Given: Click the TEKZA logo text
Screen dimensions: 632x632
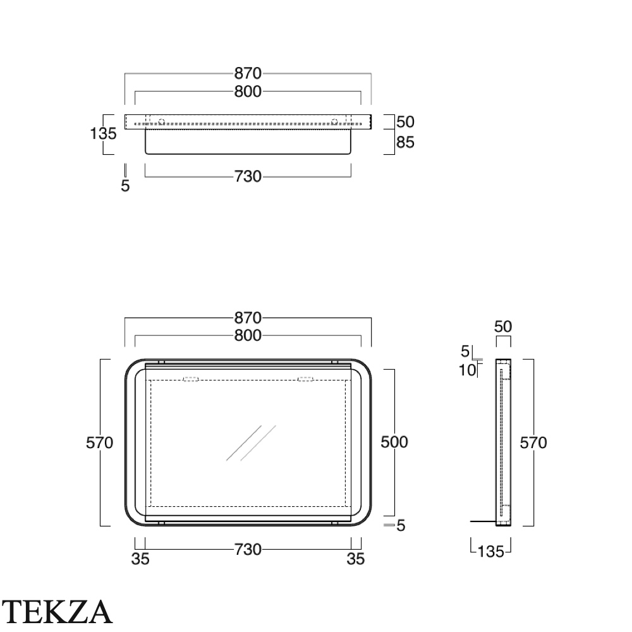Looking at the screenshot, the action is tap(57, 611).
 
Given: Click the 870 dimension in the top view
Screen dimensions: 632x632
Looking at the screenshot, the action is tap(248, 73).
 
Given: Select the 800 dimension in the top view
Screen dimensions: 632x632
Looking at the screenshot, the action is tap(248, 92).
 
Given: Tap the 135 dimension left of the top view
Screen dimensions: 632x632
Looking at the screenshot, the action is tap(103, 133).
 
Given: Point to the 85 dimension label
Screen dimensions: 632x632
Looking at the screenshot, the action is tap(405, 142).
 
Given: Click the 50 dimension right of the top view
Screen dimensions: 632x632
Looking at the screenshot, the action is tap(405, 122).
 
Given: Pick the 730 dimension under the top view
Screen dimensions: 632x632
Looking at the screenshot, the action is tap(248, 176).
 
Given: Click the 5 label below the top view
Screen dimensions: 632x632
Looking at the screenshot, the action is tap(125, 186).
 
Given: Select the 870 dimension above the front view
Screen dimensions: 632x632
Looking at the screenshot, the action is tap(248, 318).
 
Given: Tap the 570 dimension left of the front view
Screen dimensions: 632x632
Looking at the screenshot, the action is tap(100, 443).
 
